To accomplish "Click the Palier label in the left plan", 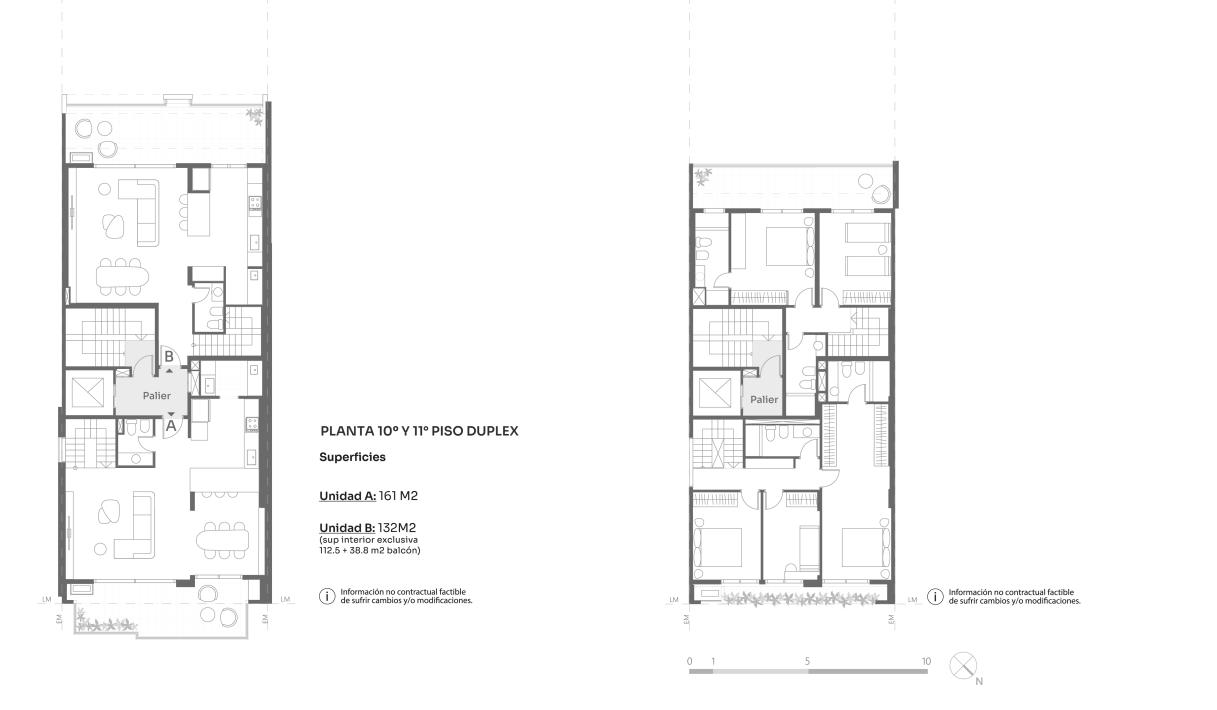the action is pyautogui.click(x=156, y=395).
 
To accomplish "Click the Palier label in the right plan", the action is pyautogui.click(x=764, y=399).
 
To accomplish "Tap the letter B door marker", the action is pyautogui.click(x=169, y=356).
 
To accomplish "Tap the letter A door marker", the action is pyautogui.click(x=171, y=426).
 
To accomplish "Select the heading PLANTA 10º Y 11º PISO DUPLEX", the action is pyautogui.click(x=419, y=431).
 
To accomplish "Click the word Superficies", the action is pyautogui.click(x=352, y=457).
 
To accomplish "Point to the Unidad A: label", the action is pyautogui.click(x=347, y=496).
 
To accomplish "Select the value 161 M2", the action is pyautogui.click(x=398, y=496).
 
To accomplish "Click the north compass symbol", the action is pyautogui.click(x=963, y=666).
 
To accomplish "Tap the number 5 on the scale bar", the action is pyautogui.click(x=807, y=661).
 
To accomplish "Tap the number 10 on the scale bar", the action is pyautogui.click(x=926, y=661).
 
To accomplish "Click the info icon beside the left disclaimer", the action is pyautogui.click(x=327, y=596).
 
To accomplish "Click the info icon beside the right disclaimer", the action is pyautogui.click(x=935, y=597).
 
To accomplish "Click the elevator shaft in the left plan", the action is pyautogui.click(x=88, y=392).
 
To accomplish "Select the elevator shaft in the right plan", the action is pyautogui.click(x=716, y=393).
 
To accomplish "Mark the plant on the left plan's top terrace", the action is pyautogui.click(x=254, y=116).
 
